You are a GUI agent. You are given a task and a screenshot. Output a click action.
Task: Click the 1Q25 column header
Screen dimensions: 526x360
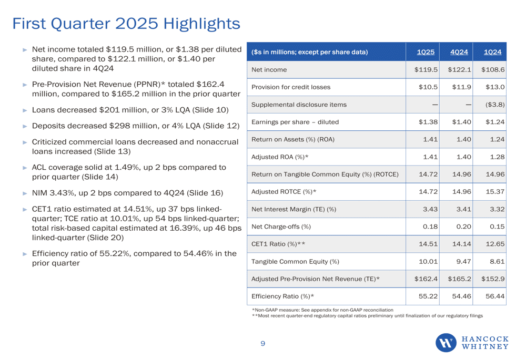tap(426, 52)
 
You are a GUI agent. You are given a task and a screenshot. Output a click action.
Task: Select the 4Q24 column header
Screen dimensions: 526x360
tap(459, 52)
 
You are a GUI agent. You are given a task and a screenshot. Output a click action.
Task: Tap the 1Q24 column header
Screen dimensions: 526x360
tap(492, 52)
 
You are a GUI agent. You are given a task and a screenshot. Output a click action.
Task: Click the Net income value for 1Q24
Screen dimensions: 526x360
tap(493, 70)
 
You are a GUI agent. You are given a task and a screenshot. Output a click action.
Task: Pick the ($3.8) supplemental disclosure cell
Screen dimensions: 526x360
tap(495, 105)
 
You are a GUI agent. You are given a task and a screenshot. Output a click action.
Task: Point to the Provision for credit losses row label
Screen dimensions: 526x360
tap(291, 87)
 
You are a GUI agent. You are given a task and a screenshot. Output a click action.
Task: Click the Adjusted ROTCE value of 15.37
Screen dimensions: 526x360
tap(495, 192)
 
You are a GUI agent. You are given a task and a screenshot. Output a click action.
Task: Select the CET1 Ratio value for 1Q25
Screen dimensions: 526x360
tap(428, 244)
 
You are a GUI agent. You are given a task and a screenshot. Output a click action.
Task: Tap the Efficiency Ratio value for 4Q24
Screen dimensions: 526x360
tap(462, 296)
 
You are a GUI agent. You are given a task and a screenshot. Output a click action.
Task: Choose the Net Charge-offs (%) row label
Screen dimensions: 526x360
tap(281, 227)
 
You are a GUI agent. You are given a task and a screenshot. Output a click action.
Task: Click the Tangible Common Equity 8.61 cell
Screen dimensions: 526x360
tap(497, 261)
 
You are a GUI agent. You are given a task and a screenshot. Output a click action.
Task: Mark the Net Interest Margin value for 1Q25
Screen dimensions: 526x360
tap(430, 209)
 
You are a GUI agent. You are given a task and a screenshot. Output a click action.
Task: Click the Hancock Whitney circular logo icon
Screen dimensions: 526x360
tap(446, 343)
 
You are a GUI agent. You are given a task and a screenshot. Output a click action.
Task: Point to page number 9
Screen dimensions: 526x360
tap(262, 343)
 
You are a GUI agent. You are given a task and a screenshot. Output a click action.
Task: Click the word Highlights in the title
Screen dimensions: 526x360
tap(201, 24)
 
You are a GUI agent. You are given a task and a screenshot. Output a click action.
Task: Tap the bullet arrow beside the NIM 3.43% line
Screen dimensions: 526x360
tap(25, 193)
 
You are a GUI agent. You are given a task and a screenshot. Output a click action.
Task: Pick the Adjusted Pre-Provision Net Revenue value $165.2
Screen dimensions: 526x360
tap(459, 279)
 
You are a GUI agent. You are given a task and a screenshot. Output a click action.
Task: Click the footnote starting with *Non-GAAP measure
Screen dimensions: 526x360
tap(322, 310)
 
